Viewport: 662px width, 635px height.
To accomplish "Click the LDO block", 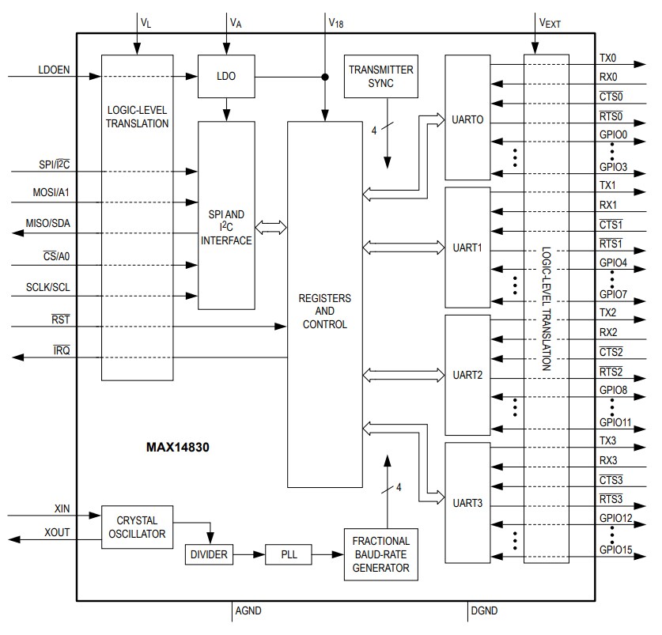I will (226, 77).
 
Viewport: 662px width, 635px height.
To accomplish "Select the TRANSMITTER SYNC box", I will (381, 76).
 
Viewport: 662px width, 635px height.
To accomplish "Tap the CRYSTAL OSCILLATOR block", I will (137, 527).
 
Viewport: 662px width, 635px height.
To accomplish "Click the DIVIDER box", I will (209, 554).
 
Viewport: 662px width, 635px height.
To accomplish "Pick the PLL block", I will (288, 554).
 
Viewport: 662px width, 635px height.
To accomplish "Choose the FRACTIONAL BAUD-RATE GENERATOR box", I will (381, 554).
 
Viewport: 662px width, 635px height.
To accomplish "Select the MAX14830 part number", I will (178, 447).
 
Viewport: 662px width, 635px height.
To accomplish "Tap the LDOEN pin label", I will (54, 70).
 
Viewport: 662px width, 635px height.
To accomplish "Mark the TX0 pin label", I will (608, 58).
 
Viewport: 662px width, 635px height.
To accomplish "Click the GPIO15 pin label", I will (615, 549).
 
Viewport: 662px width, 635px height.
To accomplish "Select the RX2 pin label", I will (608, 332).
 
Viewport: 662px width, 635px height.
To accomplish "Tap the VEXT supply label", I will (550, 23).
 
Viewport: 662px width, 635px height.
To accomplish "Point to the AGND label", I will (248, 610).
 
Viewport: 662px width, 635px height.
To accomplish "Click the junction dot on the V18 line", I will (325, 77).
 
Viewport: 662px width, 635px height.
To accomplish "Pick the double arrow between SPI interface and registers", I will (271, 228).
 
